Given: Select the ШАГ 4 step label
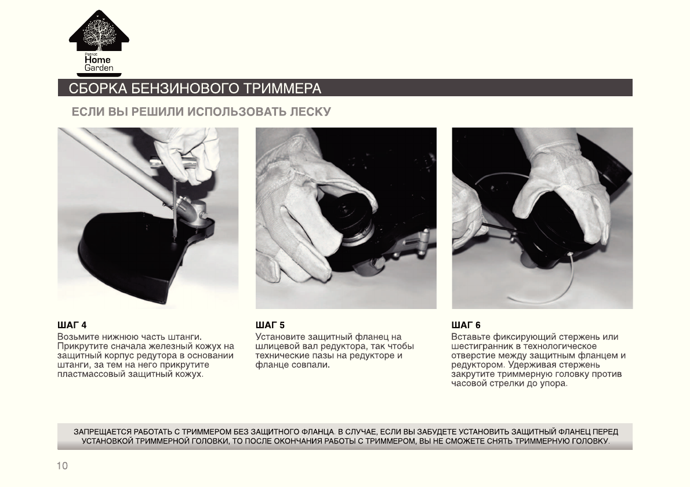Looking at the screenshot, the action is (x=72, y=325).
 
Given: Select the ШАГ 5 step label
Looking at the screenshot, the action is (x=270, y=325).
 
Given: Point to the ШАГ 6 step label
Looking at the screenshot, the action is (x=466, y=325).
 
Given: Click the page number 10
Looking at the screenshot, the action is (x=63, y=466).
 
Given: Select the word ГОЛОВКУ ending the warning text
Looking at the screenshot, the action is (x=591, y=441).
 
